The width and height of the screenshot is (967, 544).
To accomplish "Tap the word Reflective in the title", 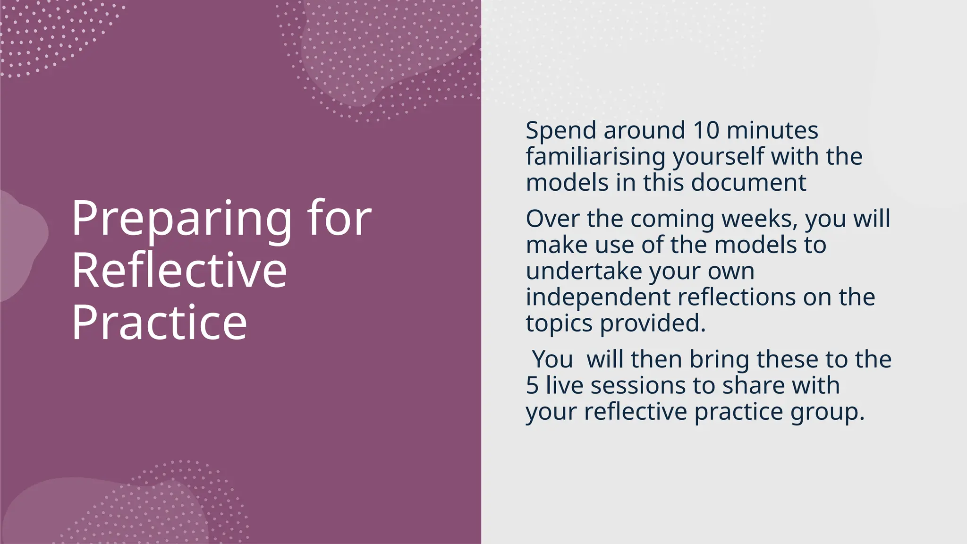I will point(179,271).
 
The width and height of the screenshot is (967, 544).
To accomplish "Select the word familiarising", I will point(595,157).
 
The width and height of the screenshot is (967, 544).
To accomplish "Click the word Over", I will point(552,219).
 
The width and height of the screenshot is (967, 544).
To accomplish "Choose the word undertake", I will point(584,272).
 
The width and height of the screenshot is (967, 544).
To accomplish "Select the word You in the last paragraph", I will point(552,359).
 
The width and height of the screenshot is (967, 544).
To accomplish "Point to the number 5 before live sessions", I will point(532,386).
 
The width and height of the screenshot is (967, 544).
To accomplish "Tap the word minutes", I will point(772,130).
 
